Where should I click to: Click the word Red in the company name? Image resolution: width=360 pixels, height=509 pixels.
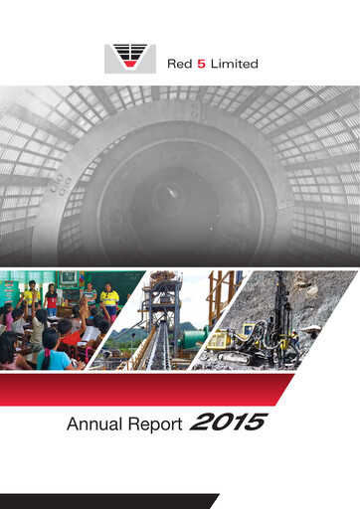click(182, 64)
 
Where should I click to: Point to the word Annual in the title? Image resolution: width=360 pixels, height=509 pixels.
click(93, 425)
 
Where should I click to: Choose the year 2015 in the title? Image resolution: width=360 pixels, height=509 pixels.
click(230, 424)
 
